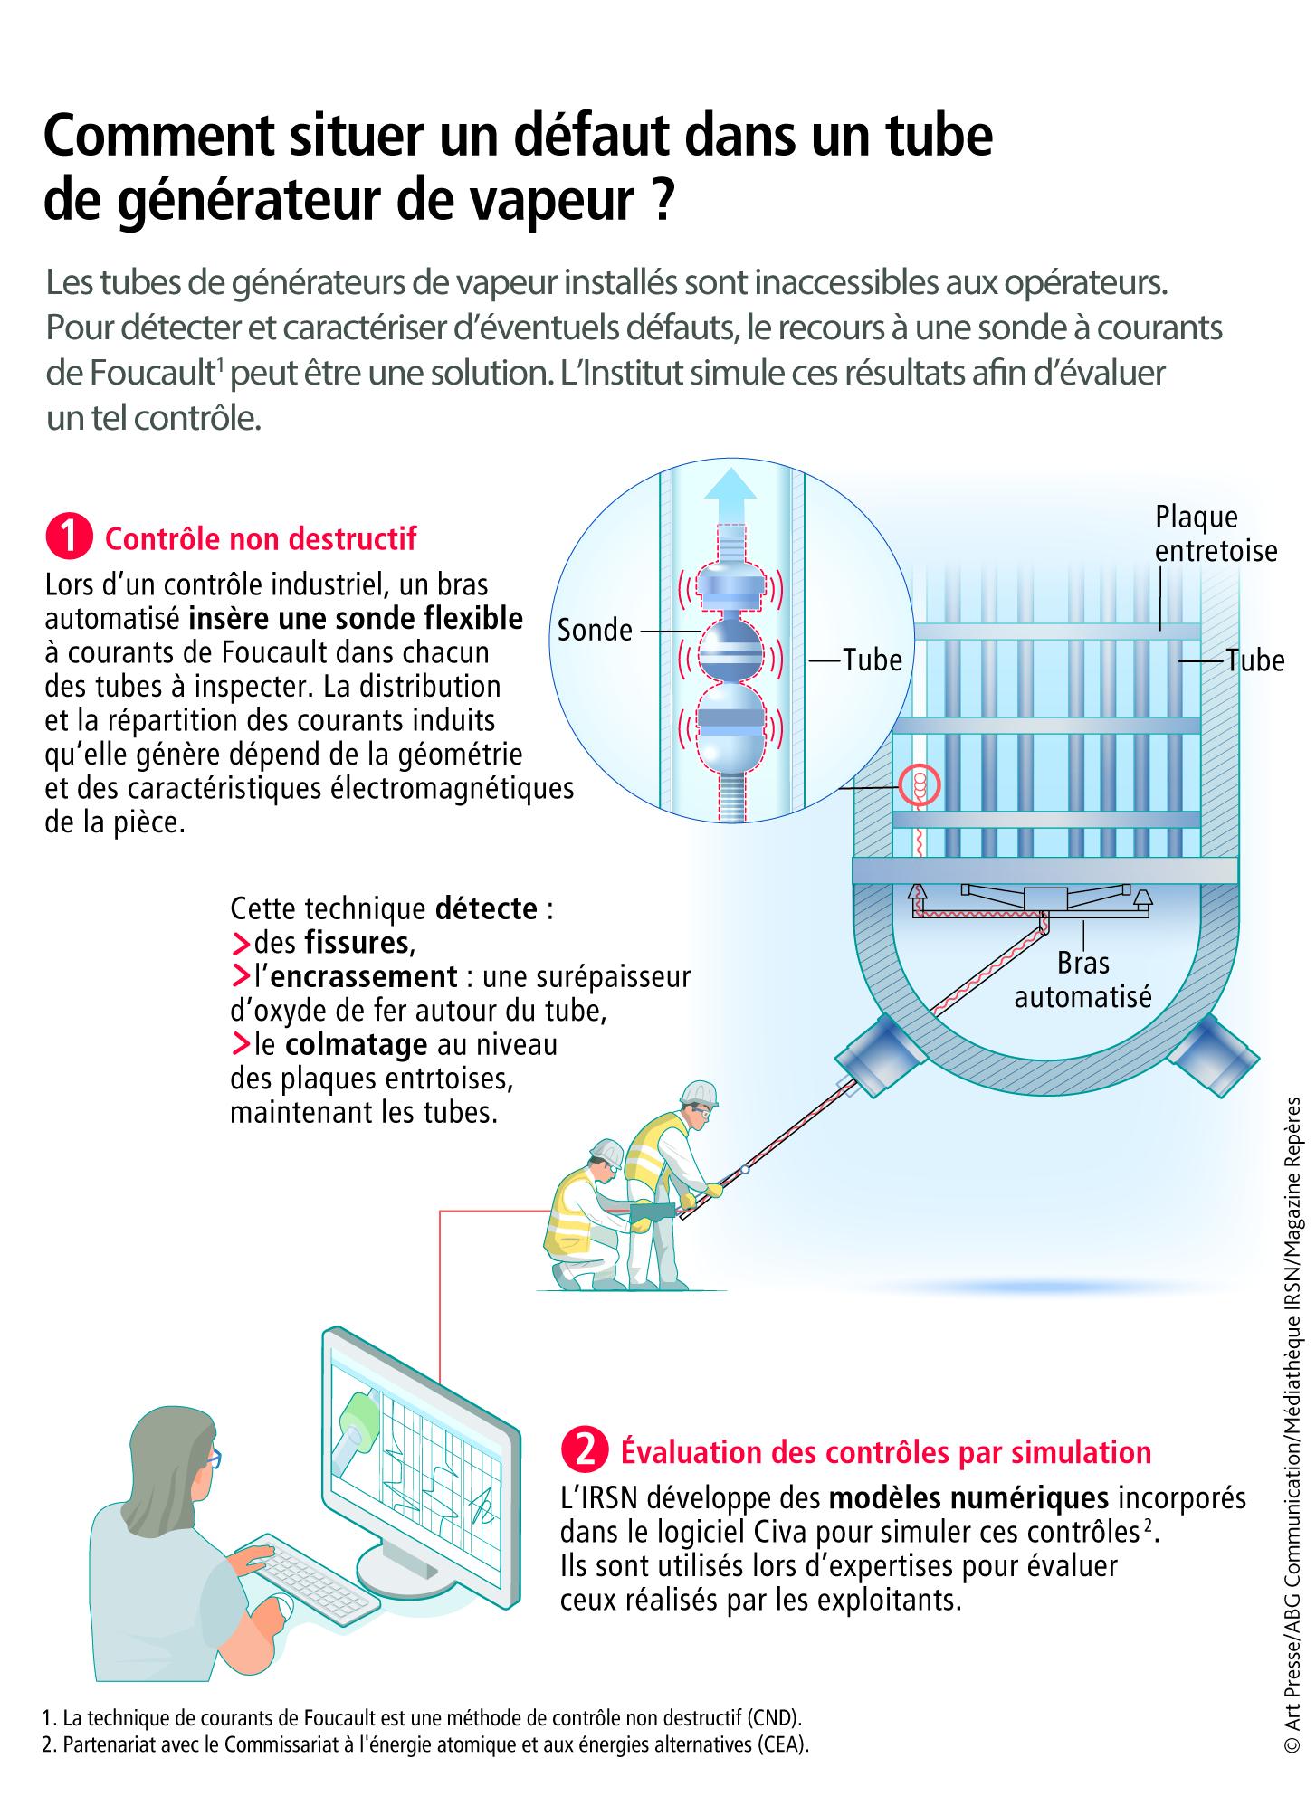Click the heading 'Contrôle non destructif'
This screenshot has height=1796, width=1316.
261,539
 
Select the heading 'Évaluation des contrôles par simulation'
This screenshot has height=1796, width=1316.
885,1451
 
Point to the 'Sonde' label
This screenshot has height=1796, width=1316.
595,630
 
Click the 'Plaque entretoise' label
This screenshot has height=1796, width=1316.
1216,534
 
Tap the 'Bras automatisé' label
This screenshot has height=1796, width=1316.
1082,979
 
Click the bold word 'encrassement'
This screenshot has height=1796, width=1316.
365,977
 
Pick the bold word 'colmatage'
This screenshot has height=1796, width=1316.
356,1045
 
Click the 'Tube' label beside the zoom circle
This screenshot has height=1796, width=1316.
873,660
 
